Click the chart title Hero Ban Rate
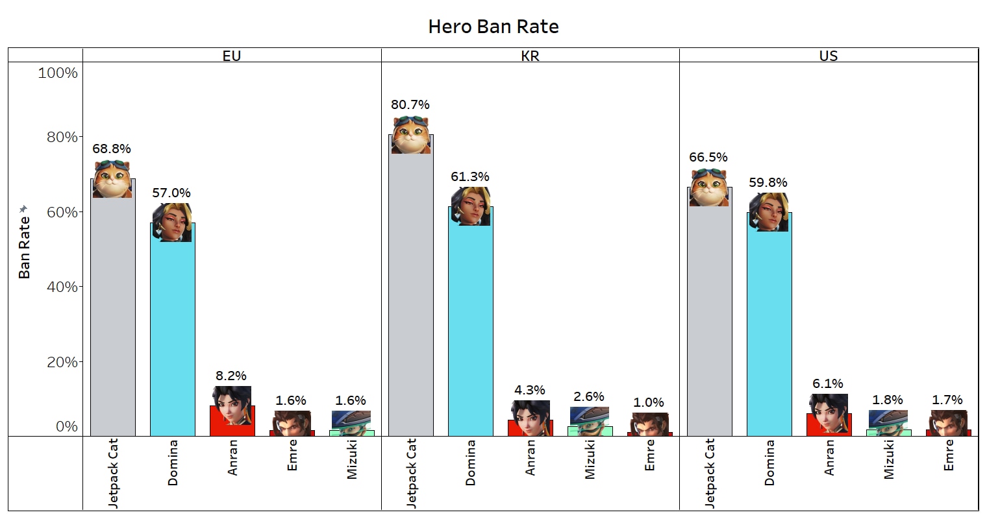coord(494,27)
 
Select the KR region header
coord(530,56)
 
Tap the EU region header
coord(232,56)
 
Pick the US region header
coord(829,56)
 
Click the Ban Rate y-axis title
coord(25,247)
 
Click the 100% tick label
coord(58,73)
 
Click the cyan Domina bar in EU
coord(172,337)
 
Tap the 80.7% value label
coord(410,104)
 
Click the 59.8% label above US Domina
coord(768,182)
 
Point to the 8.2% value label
coord(231,376)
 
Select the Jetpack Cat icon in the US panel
coord(709,187)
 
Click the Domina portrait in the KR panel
coord(471,206)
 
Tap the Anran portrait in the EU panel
coord(232,405)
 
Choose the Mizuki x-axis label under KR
coord(590,459)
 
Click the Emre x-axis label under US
coord(948,455)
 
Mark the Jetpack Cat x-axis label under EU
coord(113,472)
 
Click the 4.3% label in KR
coord(530,390)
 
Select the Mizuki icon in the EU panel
coord(351,420)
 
